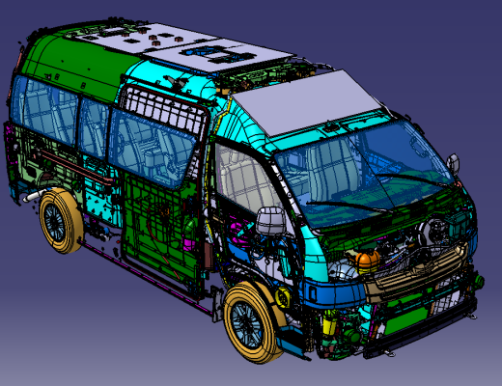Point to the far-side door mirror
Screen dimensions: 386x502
point(452,163)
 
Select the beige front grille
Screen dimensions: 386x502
point(425,275)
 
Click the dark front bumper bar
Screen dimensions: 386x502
point(425,333)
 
